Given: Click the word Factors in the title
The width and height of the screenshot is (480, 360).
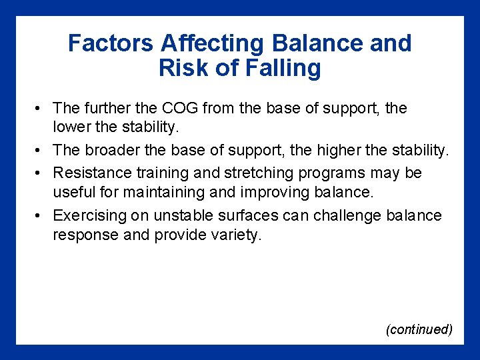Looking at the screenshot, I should [111, 44].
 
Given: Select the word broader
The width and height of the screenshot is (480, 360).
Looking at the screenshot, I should [120, 151].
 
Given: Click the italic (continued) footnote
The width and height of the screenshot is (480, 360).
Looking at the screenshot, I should [419, 329].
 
